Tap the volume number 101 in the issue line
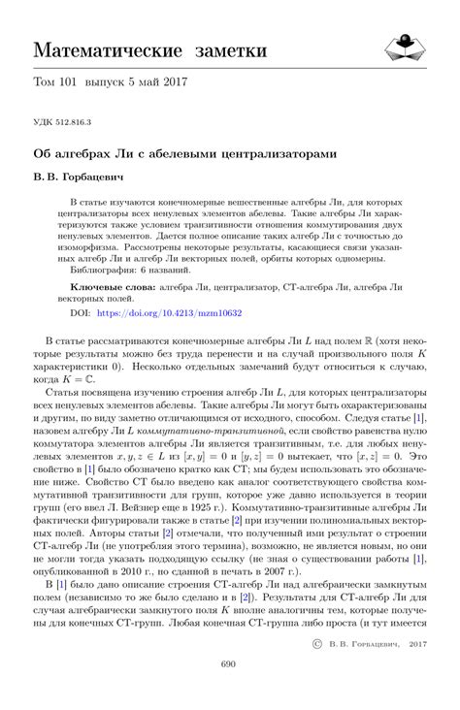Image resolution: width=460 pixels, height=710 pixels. click(76, 84)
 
